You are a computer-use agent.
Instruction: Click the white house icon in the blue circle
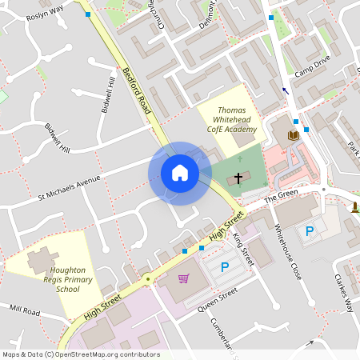click(180, 173)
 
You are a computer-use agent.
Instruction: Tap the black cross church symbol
click(238, 177)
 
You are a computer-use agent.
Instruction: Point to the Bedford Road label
click(137, 90)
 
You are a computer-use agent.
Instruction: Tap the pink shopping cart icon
click(184, 279)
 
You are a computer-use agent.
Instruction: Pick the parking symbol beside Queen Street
click(225, 267)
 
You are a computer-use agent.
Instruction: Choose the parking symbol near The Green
click(309, 231)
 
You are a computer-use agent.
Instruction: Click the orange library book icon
click(293, 135)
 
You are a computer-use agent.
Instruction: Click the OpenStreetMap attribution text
click(80, 354)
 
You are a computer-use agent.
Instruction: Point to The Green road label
click(281, 194)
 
